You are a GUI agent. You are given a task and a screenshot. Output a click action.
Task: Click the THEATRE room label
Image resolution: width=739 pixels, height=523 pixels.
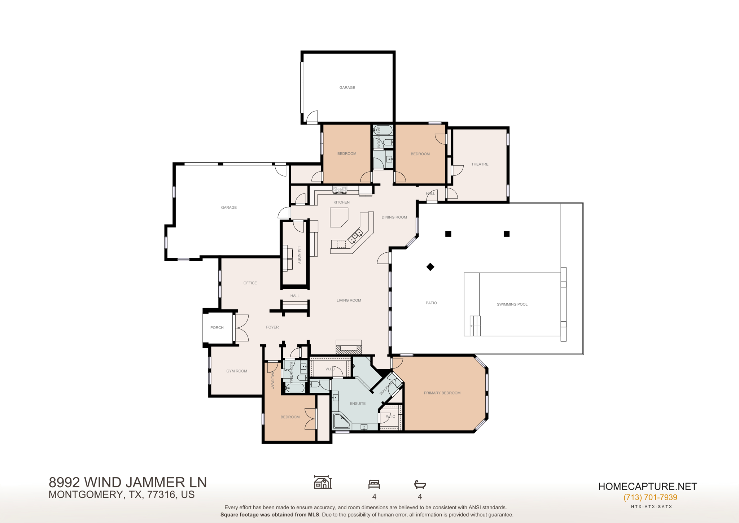coord(480,164)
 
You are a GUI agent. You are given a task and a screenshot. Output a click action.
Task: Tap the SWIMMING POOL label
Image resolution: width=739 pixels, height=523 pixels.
coord(512,304)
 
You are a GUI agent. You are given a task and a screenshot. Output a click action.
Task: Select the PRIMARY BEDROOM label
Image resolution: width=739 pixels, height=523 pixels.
coord(442,393)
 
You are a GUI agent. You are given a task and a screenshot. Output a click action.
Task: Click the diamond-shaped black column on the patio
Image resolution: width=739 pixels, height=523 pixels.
coord(430,267)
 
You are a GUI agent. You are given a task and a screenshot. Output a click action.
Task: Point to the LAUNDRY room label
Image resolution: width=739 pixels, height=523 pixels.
coord(299,255)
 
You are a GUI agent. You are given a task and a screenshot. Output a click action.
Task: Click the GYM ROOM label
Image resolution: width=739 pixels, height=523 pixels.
coord(236,371)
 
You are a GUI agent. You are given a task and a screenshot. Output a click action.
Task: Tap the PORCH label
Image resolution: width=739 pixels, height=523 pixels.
coord(217,328)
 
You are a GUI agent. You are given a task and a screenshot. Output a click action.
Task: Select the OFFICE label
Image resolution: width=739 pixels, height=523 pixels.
coord(250,283)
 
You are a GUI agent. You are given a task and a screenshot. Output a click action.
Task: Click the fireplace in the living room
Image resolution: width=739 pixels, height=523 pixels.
coord(349,347)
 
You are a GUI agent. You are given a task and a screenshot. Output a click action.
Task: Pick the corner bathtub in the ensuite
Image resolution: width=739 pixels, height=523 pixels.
coord(341,422)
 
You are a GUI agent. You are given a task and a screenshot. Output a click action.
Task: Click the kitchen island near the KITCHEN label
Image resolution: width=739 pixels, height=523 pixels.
coord(338,217)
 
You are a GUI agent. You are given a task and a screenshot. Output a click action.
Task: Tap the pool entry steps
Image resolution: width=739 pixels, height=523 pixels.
coord(475,326)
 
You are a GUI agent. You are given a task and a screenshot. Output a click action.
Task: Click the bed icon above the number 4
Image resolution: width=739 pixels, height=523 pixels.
coord(374,484)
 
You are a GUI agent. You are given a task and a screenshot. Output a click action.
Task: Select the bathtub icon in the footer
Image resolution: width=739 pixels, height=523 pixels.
coord(420,484)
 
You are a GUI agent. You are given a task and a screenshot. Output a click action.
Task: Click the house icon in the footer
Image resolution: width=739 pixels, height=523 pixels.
coord(323,482)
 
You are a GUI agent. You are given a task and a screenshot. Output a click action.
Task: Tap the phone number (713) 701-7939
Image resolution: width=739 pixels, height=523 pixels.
coord(650,497)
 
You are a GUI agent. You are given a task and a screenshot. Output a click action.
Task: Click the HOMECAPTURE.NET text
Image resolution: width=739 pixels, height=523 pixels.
coord(647,486)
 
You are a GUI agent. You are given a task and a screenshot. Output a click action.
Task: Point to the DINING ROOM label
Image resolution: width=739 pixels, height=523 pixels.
coord(394,217)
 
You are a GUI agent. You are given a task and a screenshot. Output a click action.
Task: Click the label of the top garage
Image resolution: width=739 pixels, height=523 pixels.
coord(347,88)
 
